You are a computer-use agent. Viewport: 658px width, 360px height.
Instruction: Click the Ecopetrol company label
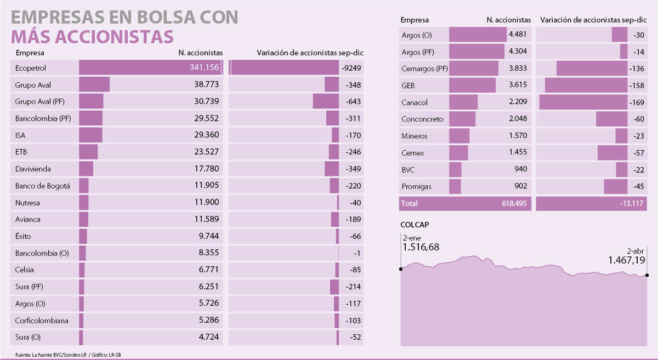(30, 68)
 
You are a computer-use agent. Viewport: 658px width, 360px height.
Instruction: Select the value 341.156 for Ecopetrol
(205, 68)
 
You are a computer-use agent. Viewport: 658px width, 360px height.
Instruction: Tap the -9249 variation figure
(351, 68)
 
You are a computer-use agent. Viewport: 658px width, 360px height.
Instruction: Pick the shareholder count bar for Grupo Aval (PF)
(91, 101)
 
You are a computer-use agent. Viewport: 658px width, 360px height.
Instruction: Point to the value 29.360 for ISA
(206, 135)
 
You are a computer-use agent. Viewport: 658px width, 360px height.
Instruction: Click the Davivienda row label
(33, 169)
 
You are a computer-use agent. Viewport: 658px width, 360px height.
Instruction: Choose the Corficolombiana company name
(42, 321)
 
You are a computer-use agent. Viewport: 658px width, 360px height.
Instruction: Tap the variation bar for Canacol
(583, 102)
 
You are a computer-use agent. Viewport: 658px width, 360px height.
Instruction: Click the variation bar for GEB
(586, 85)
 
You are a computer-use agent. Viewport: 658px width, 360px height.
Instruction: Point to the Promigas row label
(416, 186)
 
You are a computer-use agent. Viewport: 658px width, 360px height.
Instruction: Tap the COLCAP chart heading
(415, 225)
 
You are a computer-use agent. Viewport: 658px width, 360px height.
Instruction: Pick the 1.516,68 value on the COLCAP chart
(421, 248)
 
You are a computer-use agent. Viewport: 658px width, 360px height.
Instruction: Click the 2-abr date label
(636, 250)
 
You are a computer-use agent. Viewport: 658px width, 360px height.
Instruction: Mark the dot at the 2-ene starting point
(401, 269)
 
